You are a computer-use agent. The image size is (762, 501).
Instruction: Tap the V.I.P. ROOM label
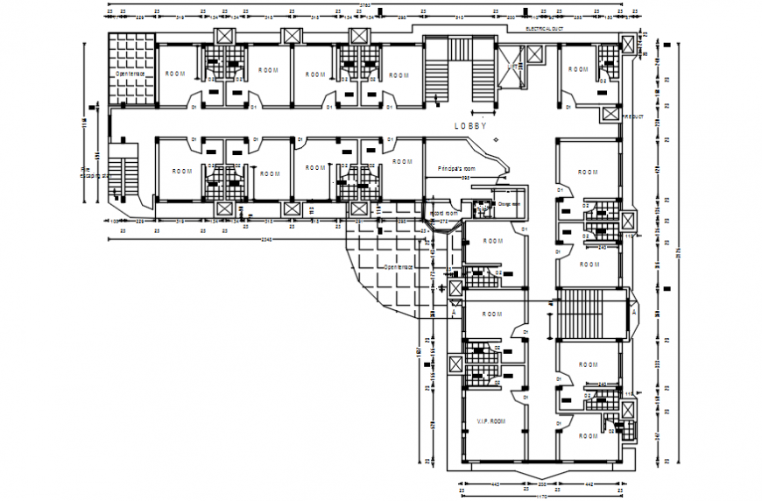coord(491,421)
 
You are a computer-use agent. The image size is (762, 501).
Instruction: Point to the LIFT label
coord(512,66)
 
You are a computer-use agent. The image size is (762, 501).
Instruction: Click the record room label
coord(444,213)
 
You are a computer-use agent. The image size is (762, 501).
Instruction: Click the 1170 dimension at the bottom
coord(541,497)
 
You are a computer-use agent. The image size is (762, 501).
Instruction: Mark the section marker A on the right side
coord(632,311)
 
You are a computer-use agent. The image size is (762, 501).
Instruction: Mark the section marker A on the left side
coord(454,311)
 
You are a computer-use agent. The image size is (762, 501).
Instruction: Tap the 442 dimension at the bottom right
coord(589,483)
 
